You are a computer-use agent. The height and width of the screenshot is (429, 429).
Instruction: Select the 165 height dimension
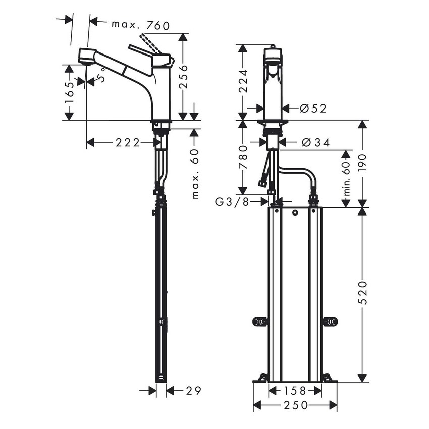coord(70,92)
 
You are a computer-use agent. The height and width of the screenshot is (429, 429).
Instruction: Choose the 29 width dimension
coord(193,390)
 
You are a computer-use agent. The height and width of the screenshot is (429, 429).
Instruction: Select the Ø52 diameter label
coord(312,108)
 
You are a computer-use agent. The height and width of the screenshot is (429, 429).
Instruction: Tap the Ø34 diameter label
coord(315,143)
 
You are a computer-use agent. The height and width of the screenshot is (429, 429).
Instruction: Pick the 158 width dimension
coord(295,390)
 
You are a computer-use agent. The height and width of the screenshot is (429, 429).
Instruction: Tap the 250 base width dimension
coord(295,405)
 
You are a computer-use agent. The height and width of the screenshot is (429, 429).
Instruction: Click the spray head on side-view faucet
coord(87,57)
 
